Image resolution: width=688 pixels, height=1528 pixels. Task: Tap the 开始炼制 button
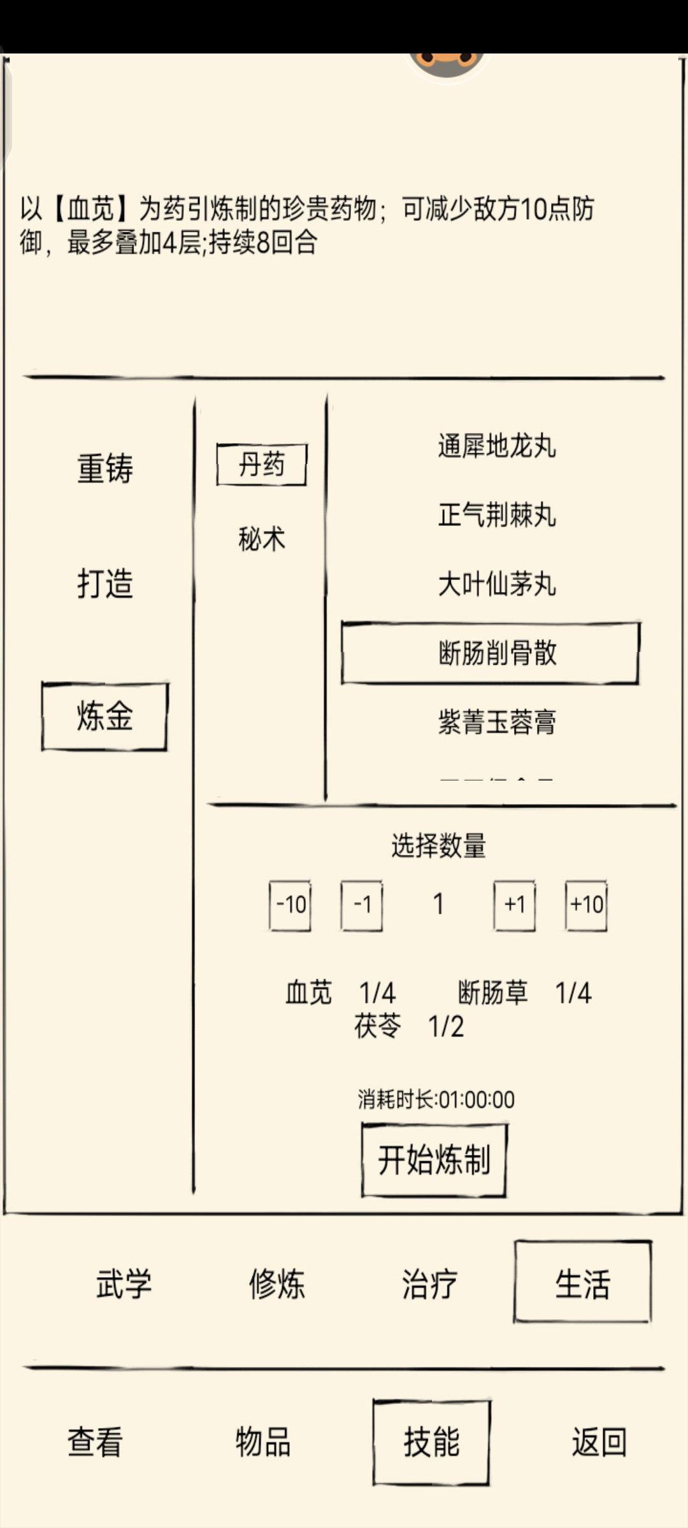click(x=434, y=1160)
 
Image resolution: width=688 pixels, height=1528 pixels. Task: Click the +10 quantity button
click(x=586, y=905)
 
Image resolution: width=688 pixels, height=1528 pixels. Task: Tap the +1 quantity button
click(x=515, y=905)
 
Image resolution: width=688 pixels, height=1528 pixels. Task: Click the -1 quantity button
click(x=362, y=905)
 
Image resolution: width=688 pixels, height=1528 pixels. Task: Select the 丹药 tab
click(x=262, y=465)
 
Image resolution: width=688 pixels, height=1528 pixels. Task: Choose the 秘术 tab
click(x=262, y=539)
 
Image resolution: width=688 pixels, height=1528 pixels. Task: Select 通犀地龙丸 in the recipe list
click(x=497, y=446)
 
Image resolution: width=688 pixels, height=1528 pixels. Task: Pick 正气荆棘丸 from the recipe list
click(x=497, y=514)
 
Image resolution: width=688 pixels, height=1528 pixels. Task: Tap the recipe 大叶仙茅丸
click(x=497, y=584)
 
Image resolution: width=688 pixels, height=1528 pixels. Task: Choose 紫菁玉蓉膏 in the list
click(x=497, y=722)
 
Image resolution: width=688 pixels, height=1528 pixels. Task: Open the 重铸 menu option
click(x=105, y=469)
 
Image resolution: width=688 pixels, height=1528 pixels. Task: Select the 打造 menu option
click(x=105, y=583)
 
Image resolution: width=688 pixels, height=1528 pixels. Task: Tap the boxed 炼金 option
click(x=105, y=716)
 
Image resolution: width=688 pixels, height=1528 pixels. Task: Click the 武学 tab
click(x=124, y=1284)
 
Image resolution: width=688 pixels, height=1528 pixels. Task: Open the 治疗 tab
click(x=430, y=1284)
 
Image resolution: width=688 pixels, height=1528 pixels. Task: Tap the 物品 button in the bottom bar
click(x=263, y=1441)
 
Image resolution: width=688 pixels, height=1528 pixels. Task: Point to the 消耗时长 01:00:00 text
click(x=436, y=1100)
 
